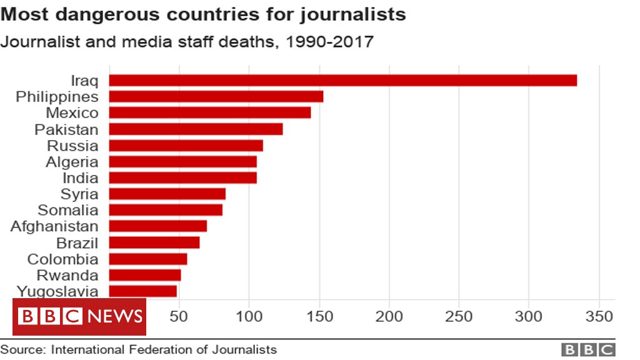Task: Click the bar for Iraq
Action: click(342, 81)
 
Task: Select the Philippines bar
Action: click(216, 97)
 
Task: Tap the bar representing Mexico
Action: click(210, 113)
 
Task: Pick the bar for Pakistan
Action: click(196, 129)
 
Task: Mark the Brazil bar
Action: click(154, 242)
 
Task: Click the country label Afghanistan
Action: click(54, 226)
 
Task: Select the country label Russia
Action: click(72, 146)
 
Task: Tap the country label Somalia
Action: click(67, 210)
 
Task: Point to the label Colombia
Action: click(62, 259)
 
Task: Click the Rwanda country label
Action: click(67, 275)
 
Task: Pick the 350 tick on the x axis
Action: click(599, 316)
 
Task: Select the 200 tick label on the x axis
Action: click(389, 316)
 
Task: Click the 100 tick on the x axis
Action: click(249, 316)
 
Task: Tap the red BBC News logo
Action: click(79, 317)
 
